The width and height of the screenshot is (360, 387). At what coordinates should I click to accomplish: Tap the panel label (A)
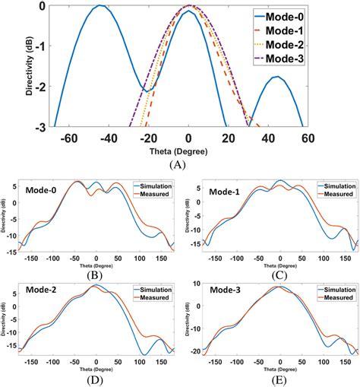(x=178, y=163)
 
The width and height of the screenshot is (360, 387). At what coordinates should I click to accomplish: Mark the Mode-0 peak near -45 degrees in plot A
(x=99, y=6)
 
